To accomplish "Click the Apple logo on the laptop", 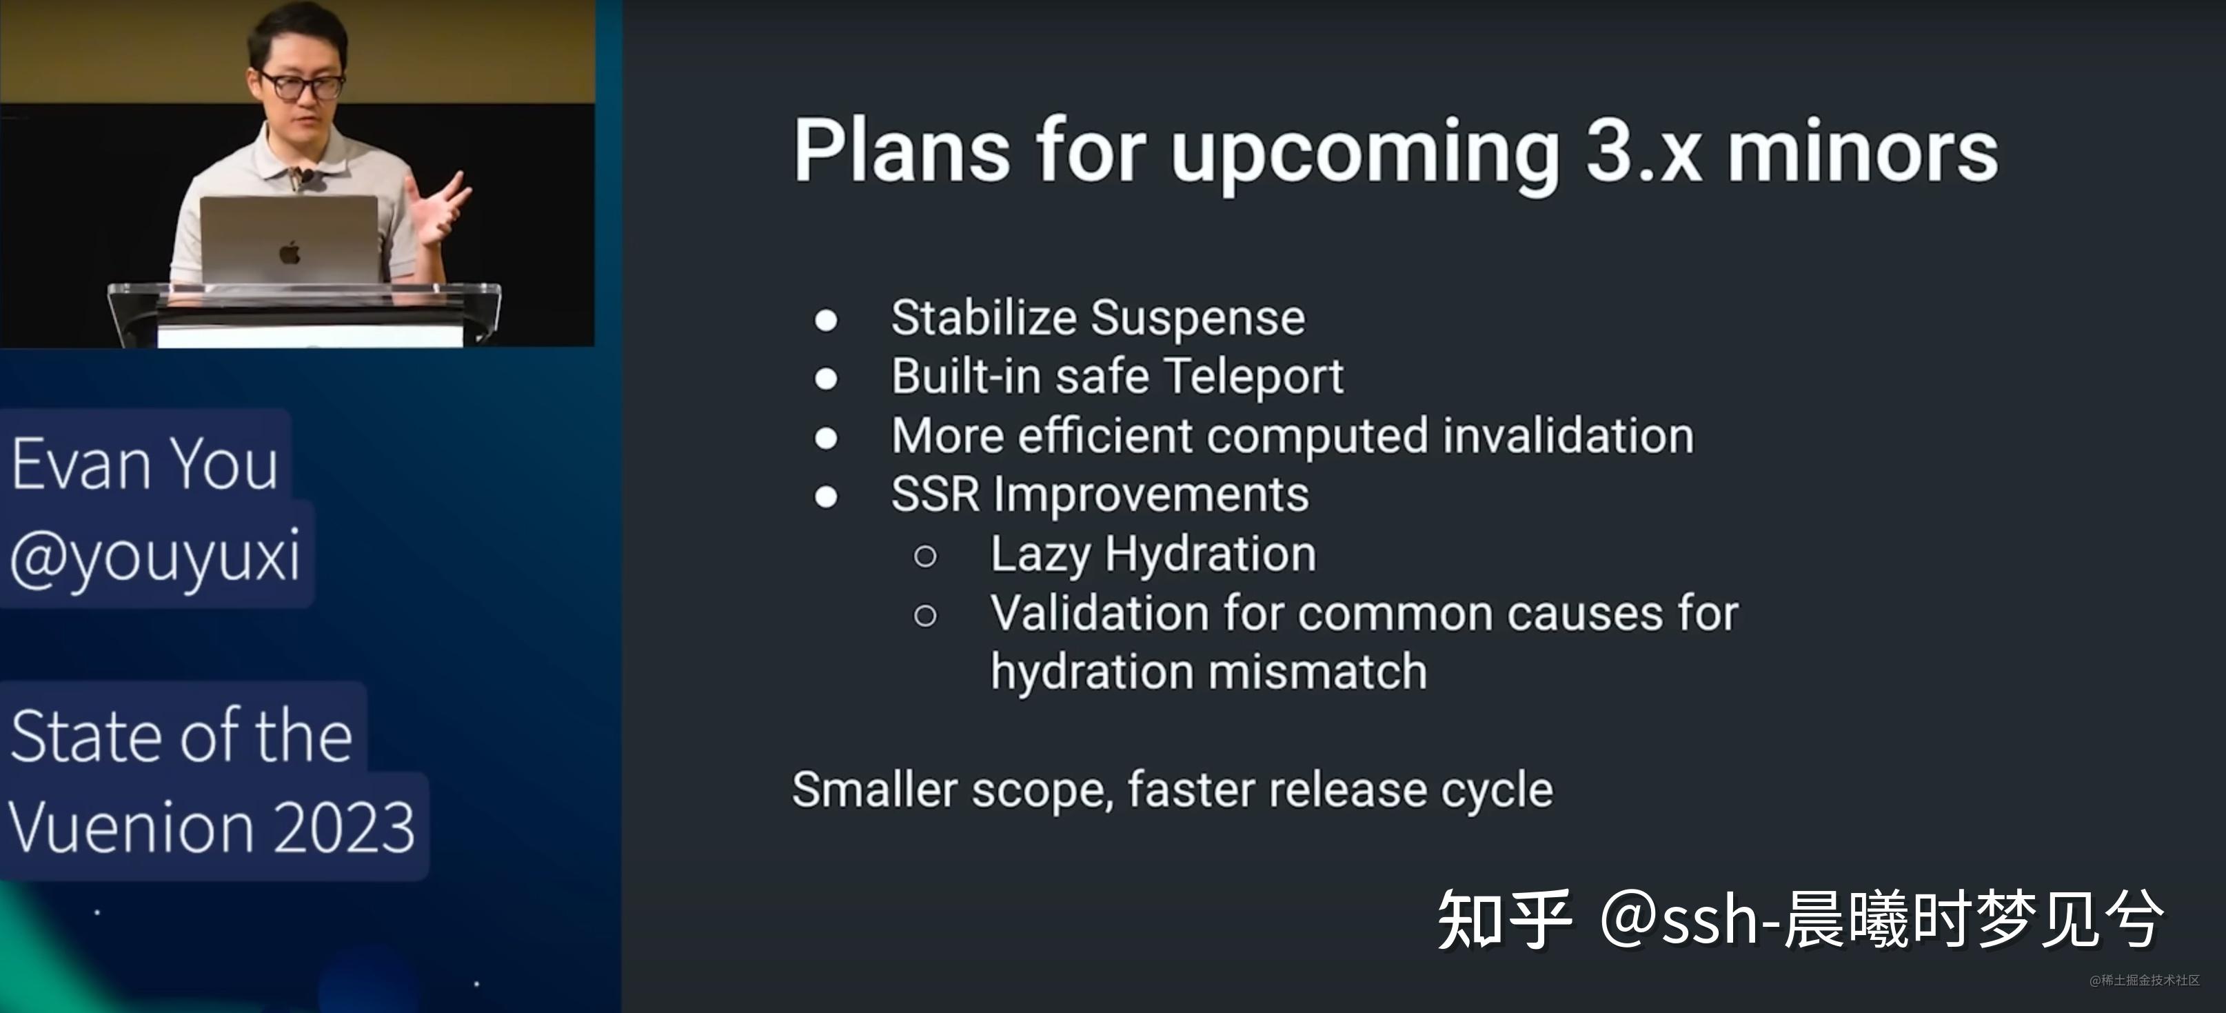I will pos(290,252).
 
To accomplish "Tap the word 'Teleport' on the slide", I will pos(1253,376).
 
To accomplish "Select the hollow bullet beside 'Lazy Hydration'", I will pos(924,556).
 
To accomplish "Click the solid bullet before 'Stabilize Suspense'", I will pos(826,321).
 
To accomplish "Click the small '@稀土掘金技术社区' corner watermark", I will pos(2144,980).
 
